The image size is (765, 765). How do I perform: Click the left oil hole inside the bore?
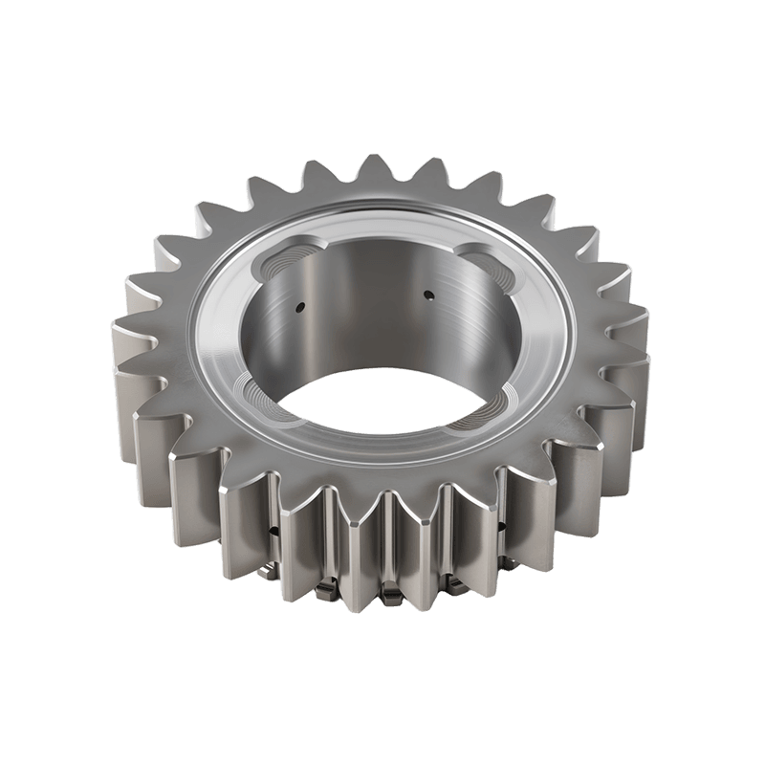(300, 307)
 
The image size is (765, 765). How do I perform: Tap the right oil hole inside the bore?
(428, 295)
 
